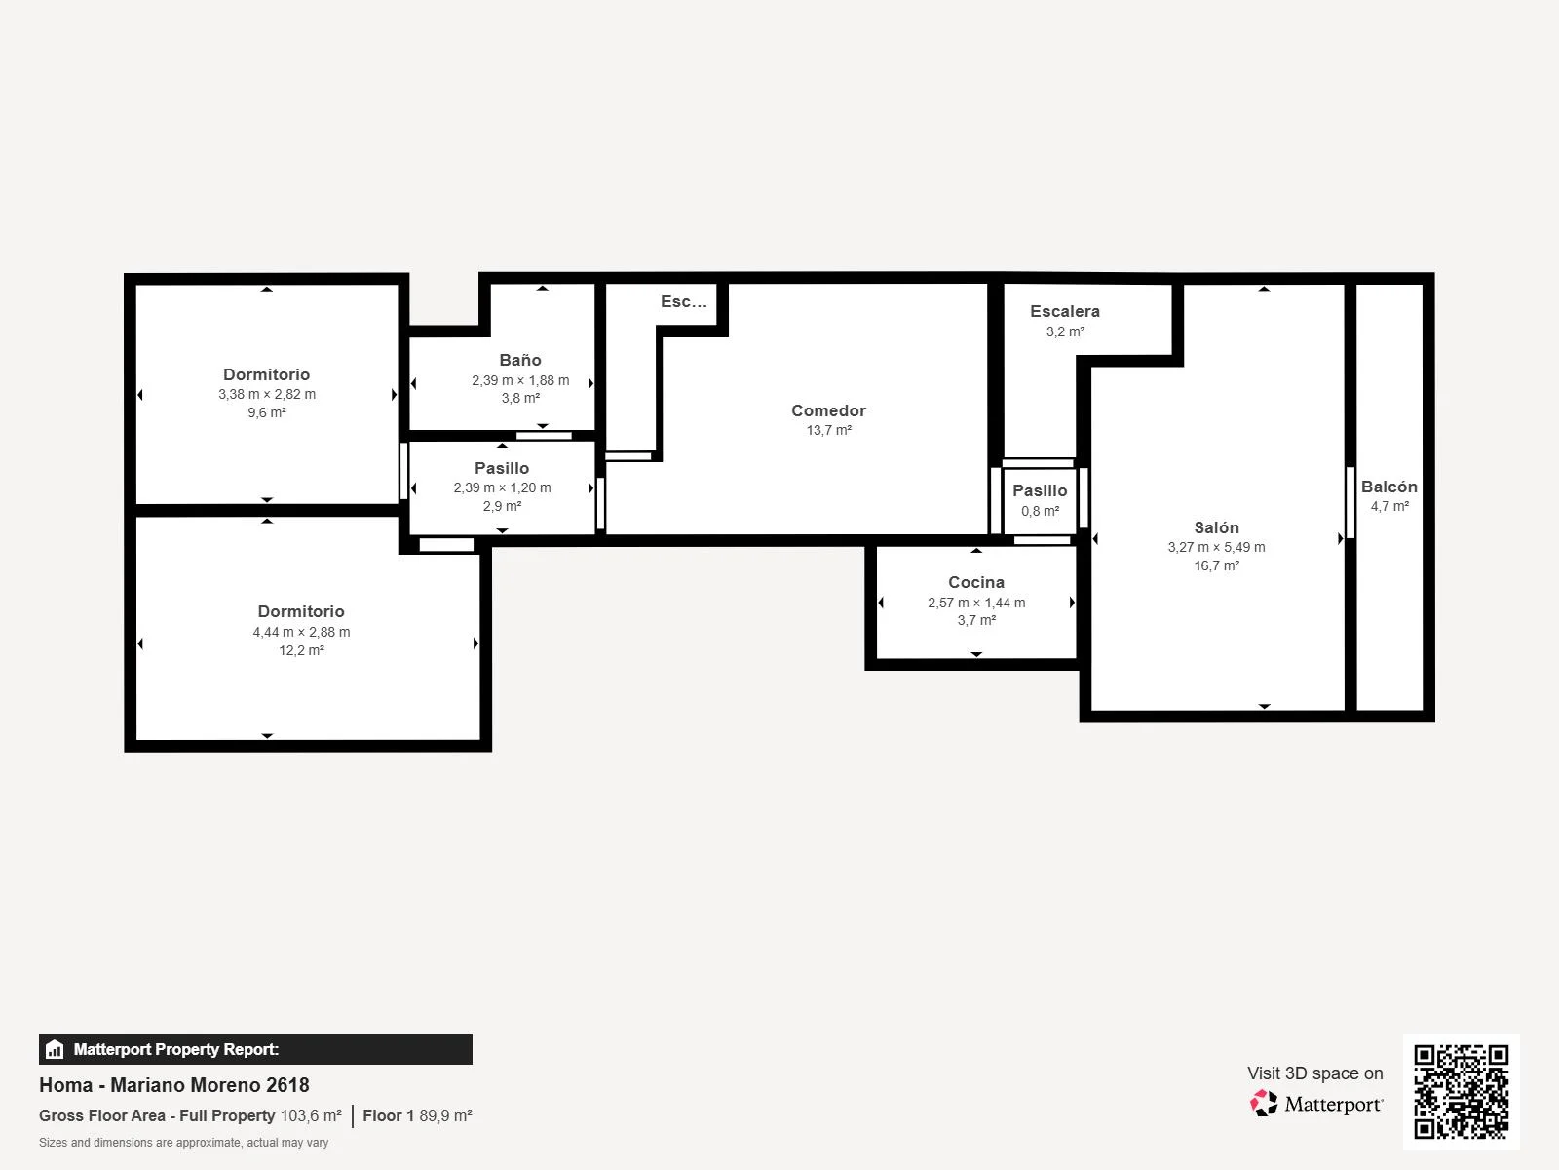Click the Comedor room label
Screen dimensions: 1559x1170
828,410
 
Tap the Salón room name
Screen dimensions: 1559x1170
1216,527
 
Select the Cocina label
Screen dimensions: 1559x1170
976,582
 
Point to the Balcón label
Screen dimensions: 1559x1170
1388,487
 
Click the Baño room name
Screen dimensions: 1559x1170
520,360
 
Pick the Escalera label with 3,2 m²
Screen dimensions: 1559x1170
1065,311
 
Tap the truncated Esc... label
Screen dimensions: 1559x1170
683,302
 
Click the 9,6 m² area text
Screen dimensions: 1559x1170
266,412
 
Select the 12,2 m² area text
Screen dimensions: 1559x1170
301,650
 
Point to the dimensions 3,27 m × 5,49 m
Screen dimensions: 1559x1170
1216,547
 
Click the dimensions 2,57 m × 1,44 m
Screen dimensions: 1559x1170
976,603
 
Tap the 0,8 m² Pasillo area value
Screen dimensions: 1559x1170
1040,512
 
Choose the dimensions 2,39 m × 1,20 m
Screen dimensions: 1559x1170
502,488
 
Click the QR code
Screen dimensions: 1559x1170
1461,1092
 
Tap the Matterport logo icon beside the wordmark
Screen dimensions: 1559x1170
1264,1104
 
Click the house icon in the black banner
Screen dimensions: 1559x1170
55,1049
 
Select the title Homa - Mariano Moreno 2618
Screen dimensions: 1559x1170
174,1085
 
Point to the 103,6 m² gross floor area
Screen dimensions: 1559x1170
311,1116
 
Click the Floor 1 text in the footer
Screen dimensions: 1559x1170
389,1116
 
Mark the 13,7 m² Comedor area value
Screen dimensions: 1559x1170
828,431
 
